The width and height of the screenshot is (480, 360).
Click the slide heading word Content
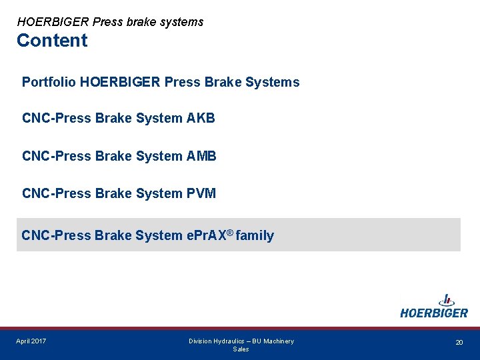(x=52, y=41)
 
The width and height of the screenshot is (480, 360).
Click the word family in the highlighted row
(x=255, y=235)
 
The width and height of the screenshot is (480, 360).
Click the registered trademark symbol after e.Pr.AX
(x=229, y=232)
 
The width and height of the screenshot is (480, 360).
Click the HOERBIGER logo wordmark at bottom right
(x=434, y=313)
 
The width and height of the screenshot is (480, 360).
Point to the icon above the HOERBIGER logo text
(x=446, y=300)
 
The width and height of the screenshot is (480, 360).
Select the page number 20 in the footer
(x=459, y=342)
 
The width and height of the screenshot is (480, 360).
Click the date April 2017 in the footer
(x=31, y=341)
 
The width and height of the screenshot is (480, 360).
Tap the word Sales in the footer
(x=241, y=349)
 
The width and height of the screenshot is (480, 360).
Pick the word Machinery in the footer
(x=278, y=341)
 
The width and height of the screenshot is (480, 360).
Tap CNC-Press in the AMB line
(x=57, y=156)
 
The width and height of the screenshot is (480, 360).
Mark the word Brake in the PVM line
(x=114, y=193)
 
